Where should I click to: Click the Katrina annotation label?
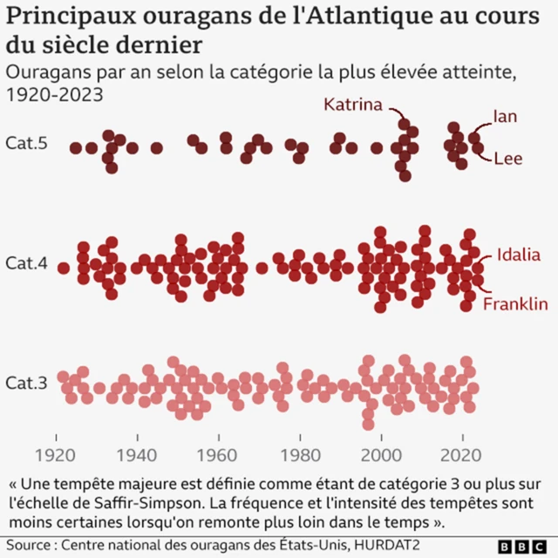353,105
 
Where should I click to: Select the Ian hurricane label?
505,116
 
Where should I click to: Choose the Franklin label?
515,303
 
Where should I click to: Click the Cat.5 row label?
26,142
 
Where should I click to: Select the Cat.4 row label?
26,262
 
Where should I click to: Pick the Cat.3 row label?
26,383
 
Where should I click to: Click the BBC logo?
523,546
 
